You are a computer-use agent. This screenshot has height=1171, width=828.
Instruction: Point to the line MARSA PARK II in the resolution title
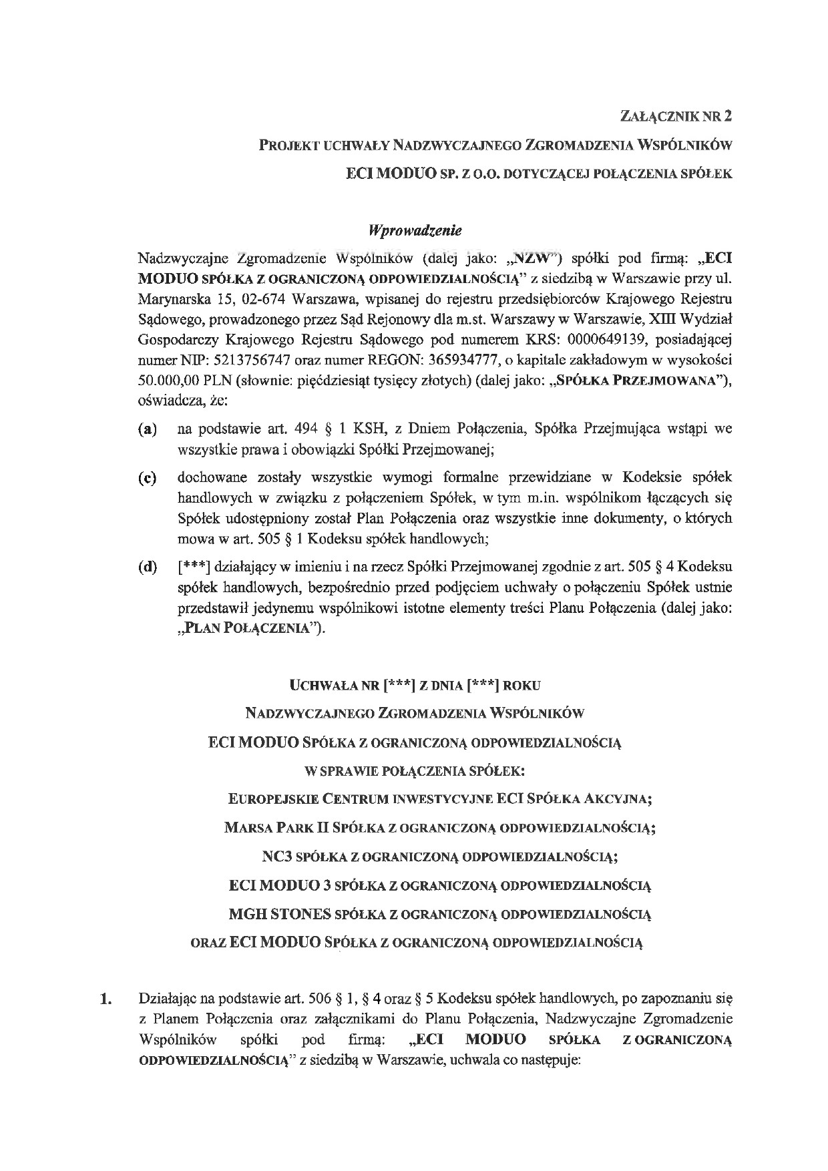pyautogui.click(x=439, y=828)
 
